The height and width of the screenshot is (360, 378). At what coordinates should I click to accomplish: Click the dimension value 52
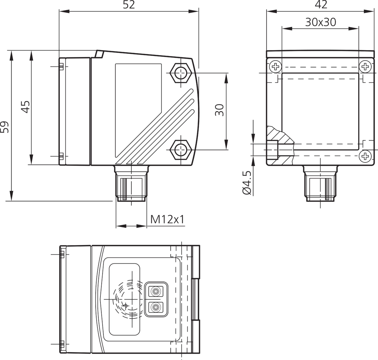pyautogui.click(x=129, y=5)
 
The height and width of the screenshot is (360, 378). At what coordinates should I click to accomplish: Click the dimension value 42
pyautogui.click(x=321, y=5)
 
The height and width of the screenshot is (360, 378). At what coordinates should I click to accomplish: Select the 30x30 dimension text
pyautogui.click(x=320, y=22)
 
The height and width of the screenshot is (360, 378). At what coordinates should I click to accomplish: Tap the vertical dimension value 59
pyautogui.click(x=5, y=127)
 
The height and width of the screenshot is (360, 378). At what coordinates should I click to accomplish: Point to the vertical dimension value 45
pyautogui.click(x=26, y=107)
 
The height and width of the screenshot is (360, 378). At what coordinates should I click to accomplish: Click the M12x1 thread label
pyautogui.click(x=167, y=219)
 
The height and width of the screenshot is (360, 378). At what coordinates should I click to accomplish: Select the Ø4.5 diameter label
pyautogui.click(x=247, y=183)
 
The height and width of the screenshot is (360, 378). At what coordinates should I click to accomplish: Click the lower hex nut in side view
pyautogui.click(x=180, y=150)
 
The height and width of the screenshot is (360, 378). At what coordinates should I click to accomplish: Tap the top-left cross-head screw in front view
pyautogui.click(x=275, y=67)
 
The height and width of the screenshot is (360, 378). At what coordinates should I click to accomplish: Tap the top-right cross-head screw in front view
pyautogui.click(x=365, y=67)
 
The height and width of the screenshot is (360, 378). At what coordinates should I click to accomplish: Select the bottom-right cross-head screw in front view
pyautogui.click(x=365, y=156)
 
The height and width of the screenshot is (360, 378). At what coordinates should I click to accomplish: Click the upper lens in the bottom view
pyautogui.click(x=156, y=291)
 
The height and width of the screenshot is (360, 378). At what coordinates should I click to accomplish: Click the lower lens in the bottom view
pyautogui.click(x=156, y=308)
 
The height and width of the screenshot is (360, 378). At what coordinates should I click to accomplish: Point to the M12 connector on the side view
pyautogui.click(x=131, y=186)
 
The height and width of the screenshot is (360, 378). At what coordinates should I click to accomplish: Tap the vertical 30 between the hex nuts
pyautogui.click(x=220, y=110)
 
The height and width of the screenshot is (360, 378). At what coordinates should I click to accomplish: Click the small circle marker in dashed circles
pyautogui.click(x=125, y=306)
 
